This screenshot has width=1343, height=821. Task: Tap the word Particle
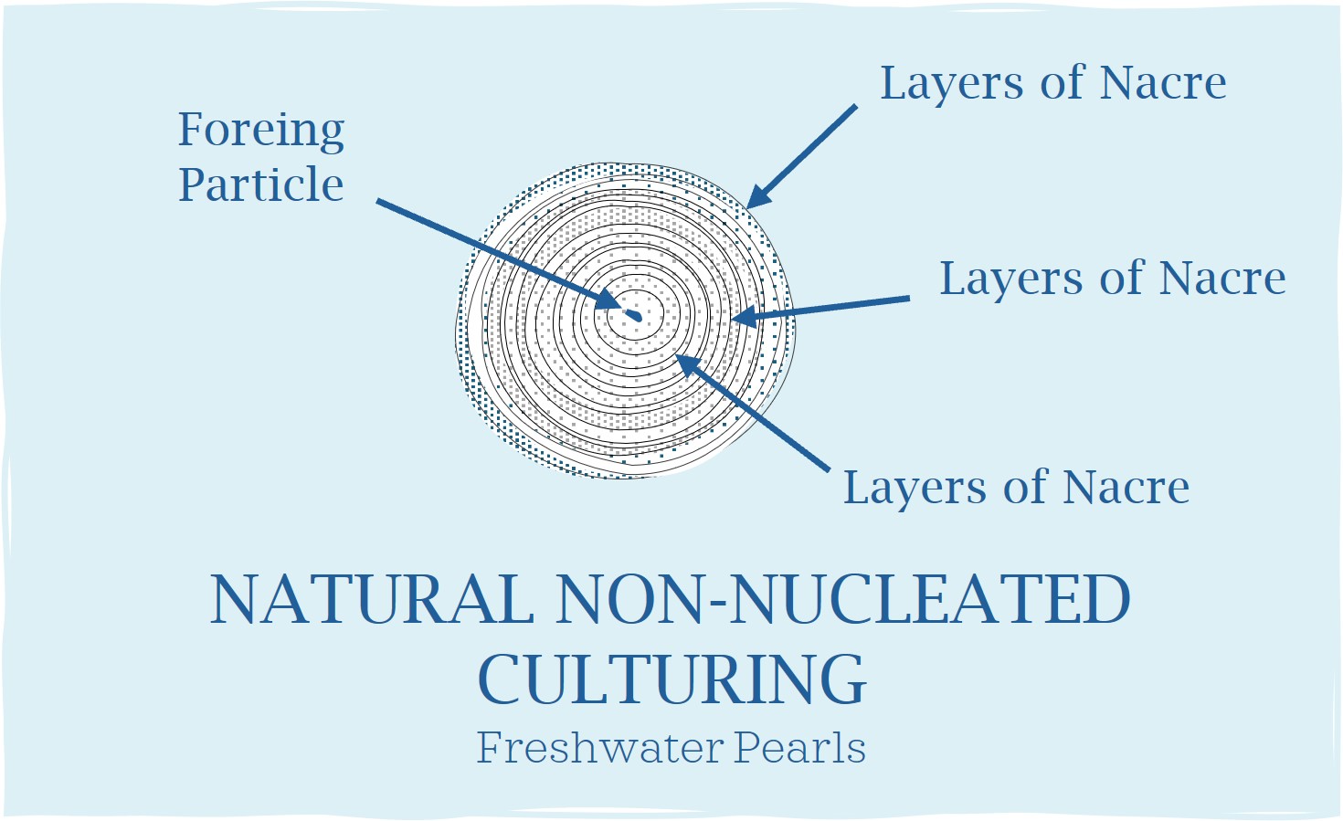point(260,184)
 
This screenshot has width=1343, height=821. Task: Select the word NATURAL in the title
point(372,599)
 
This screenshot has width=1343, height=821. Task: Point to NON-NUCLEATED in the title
point(843,599)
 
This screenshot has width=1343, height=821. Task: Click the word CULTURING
point(672,679)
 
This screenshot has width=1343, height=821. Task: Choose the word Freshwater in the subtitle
point(600,748)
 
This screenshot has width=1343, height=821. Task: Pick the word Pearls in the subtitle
point(800,748)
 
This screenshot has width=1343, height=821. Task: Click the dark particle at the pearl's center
point(633,315)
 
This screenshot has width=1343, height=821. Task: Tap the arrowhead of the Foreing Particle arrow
point(608,300)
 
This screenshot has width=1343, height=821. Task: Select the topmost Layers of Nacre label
point(1052,83)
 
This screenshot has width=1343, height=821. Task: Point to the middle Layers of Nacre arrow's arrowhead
point(745,315)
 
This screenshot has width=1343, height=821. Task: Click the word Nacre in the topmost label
point(1163,83)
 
